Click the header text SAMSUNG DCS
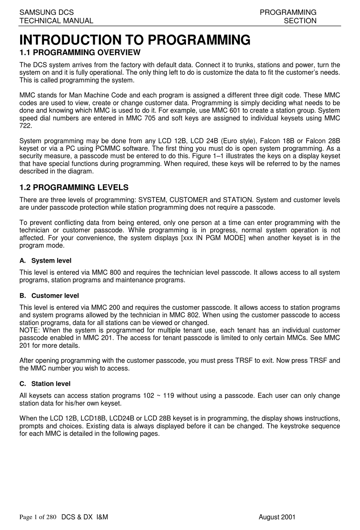(x=47, y=13)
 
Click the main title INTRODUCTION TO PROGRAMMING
(x=135, y=39)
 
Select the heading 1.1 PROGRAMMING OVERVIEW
(x=80, y=52)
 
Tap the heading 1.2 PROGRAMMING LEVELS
(x=74, y=187)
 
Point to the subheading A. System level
(x=45, y=260)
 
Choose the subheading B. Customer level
(x=49, y=295)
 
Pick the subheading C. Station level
(x=45, y=384)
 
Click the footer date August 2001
(x=277, y=517)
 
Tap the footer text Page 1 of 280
(x=38, y=517)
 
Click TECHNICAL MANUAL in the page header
(x=56, y=21)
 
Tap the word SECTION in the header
(x=300, y=21)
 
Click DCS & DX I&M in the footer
(x=85, y=517)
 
